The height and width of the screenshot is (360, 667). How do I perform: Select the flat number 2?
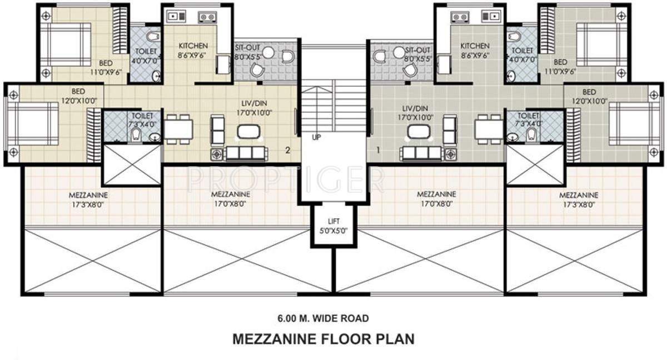pos(287,149)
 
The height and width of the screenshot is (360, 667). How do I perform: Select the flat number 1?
pos(378,149)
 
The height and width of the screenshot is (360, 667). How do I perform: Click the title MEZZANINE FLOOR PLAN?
pos(322,338)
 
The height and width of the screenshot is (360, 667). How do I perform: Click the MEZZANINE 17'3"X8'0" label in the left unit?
pos(88,200)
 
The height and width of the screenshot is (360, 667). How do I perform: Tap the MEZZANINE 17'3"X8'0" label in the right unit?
pos(579,200)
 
